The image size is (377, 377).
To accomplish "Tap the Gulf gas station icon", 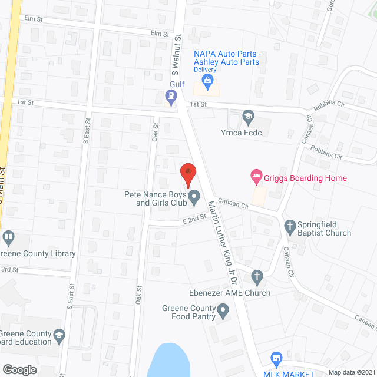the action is coord(171,100).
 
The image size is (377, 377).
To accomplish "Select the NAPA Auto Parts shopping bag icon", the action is coord(207,79).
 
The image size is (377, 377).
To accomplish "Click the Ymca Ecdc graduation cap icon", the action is coord(249,115).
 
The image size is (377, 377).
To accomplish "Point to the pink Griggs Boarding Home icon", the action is coord(256,175).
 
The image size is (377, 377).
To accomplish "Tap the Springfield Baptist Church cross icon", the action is coord(289,225).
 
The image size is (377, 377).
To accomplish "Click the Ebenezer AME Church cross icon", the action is coord(256,276).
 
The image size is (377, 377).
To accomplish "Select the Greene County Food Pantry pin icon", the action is coord(223,309).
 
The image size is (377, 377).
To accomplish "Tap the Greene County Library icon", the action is coord(8,238).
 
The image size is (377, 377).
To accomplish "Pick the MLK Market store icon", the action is coord(276,358).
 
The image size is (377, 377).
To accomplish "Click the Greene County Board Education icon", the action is coord(58,335).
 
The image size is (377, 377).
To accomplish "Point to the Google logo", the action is coord(19,369).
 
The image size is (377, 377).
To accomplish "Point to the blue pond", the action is coord(169,360).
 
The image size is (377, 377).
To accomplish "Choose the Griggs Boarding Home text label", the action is coord(305,178).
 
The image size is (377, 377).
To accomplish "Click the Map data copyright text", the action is coord(350,372).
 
